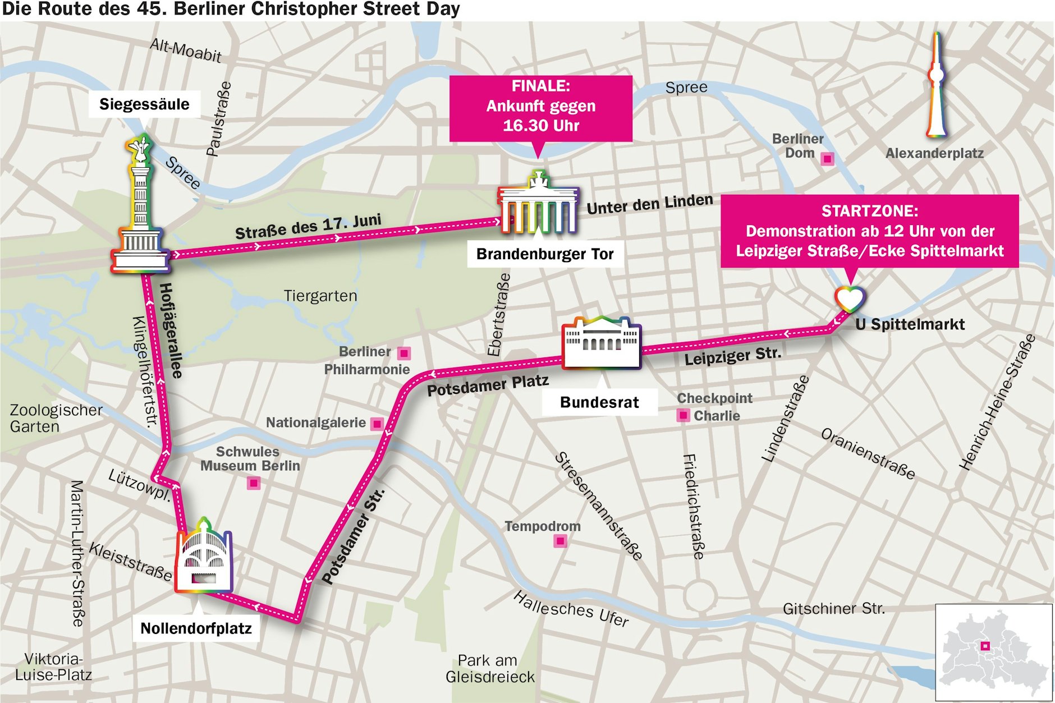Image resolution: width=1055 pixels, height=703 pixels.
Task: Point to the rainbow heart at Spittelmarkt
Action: coord(849,298)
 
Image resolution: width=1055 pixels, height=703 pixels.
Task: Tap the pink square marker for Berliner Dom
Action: coord(827,159)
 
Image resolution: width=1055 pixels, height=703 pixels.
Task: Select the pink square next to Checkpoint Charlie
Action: coord(683,415)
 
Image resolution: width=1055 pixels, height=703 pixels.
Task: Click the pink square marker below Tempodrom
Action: coord(560,541)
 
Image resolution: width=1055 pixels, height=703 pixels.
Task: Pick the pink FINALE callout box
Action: coord(540,108)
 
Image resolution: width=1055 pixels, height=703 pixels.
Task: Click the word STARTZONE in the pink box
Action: coord(869,212)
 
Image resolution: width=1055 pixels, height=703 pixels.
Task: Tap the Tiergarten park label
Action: coord(320,296)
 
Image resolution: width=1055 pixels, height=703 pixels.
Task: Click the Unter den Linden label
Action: coord(650,204)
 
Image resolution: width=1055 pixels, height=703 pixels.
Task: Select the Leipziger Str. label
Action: coord(732,356)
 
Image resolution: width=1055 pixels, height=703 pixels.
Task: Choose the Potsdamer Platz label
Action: coord(488,385)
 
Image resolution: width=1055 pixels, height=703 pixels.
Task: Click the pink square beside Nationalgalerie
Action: coord(378,424)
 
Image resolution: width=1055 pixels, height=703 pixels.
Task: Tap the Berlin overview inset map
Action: coord(993,652)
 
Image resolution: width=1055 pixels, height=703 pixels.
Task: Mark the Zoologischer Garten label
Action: coord(56,418)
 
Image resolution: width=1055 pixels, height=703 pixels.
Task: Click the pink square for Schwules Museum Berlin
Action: coord(254,483)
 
